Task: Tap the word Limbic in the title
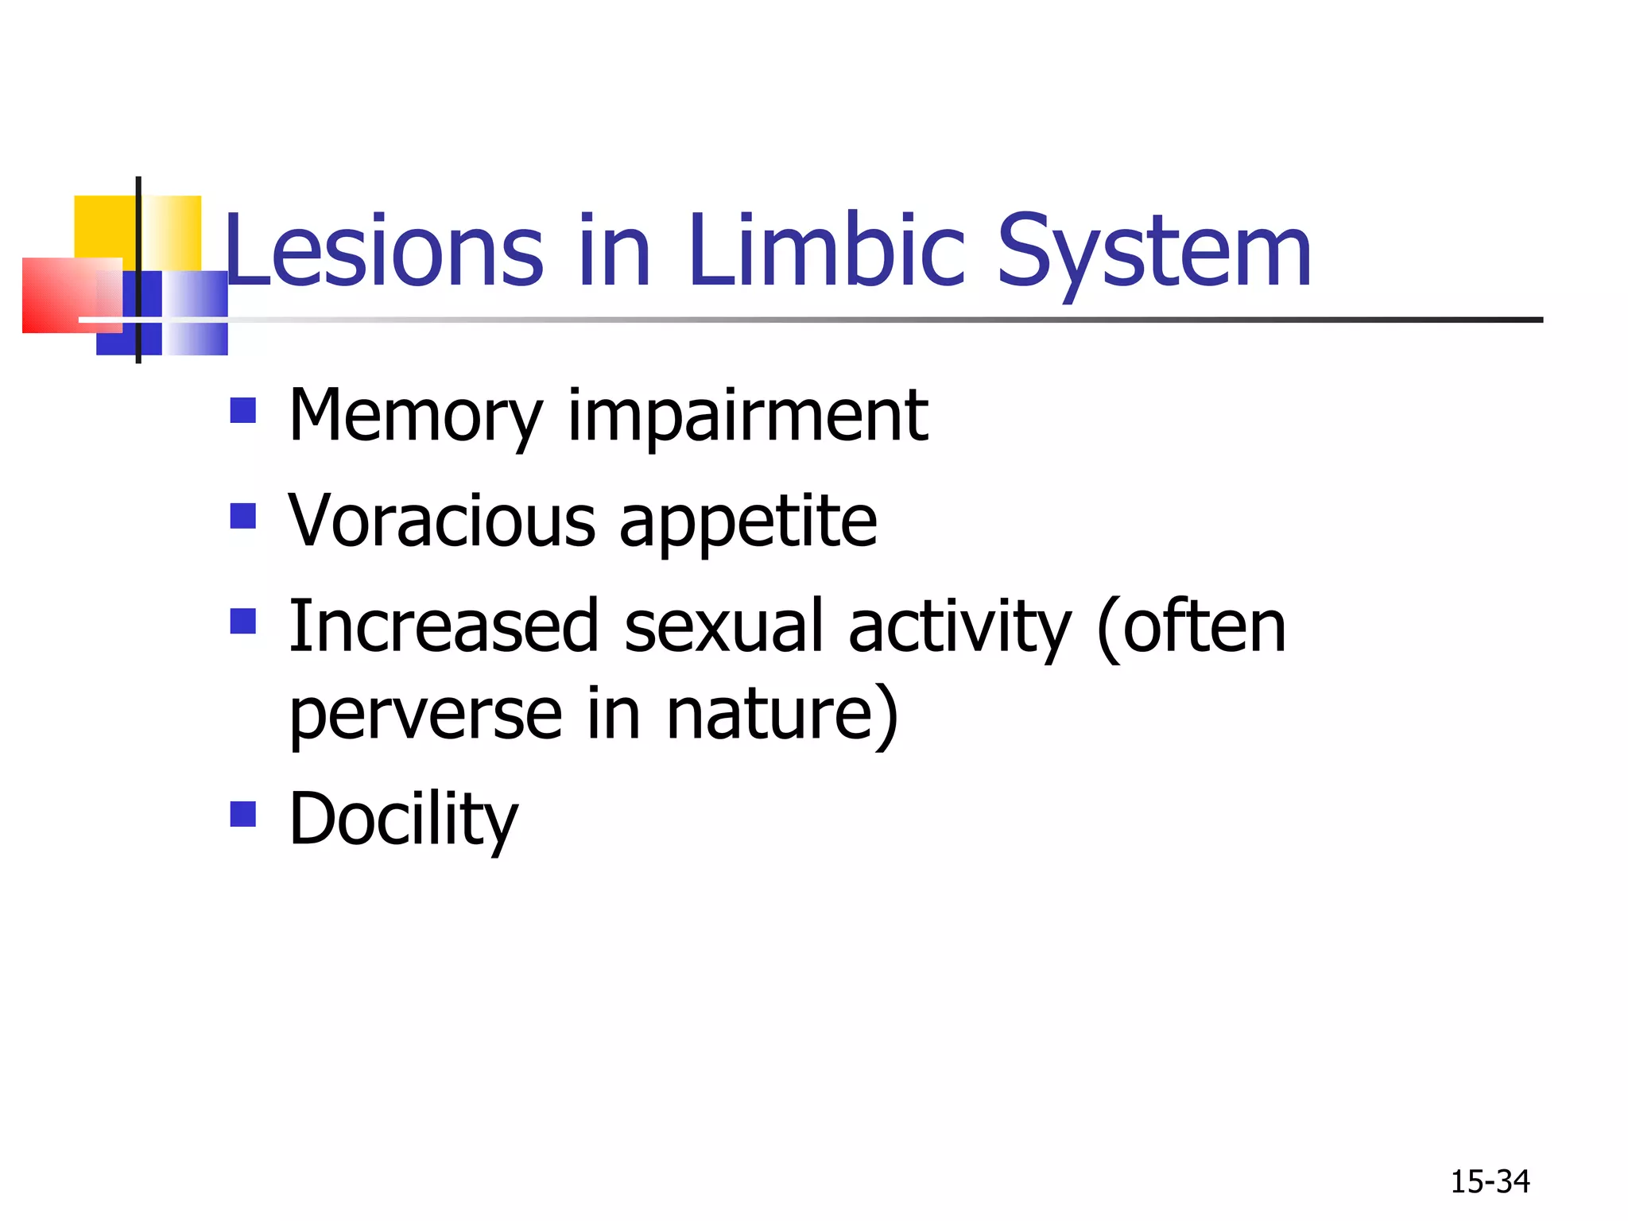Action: click(827, 251)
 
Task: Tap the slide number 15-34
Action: click(1490, 1182)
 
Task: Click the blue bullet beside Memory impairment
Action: click(243, 411)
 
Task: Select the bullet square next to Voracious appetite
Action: click(243, 516)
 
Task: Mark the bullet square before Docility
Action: click(243, 814)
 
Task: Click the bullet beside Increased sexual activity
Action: click(243, 621)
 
